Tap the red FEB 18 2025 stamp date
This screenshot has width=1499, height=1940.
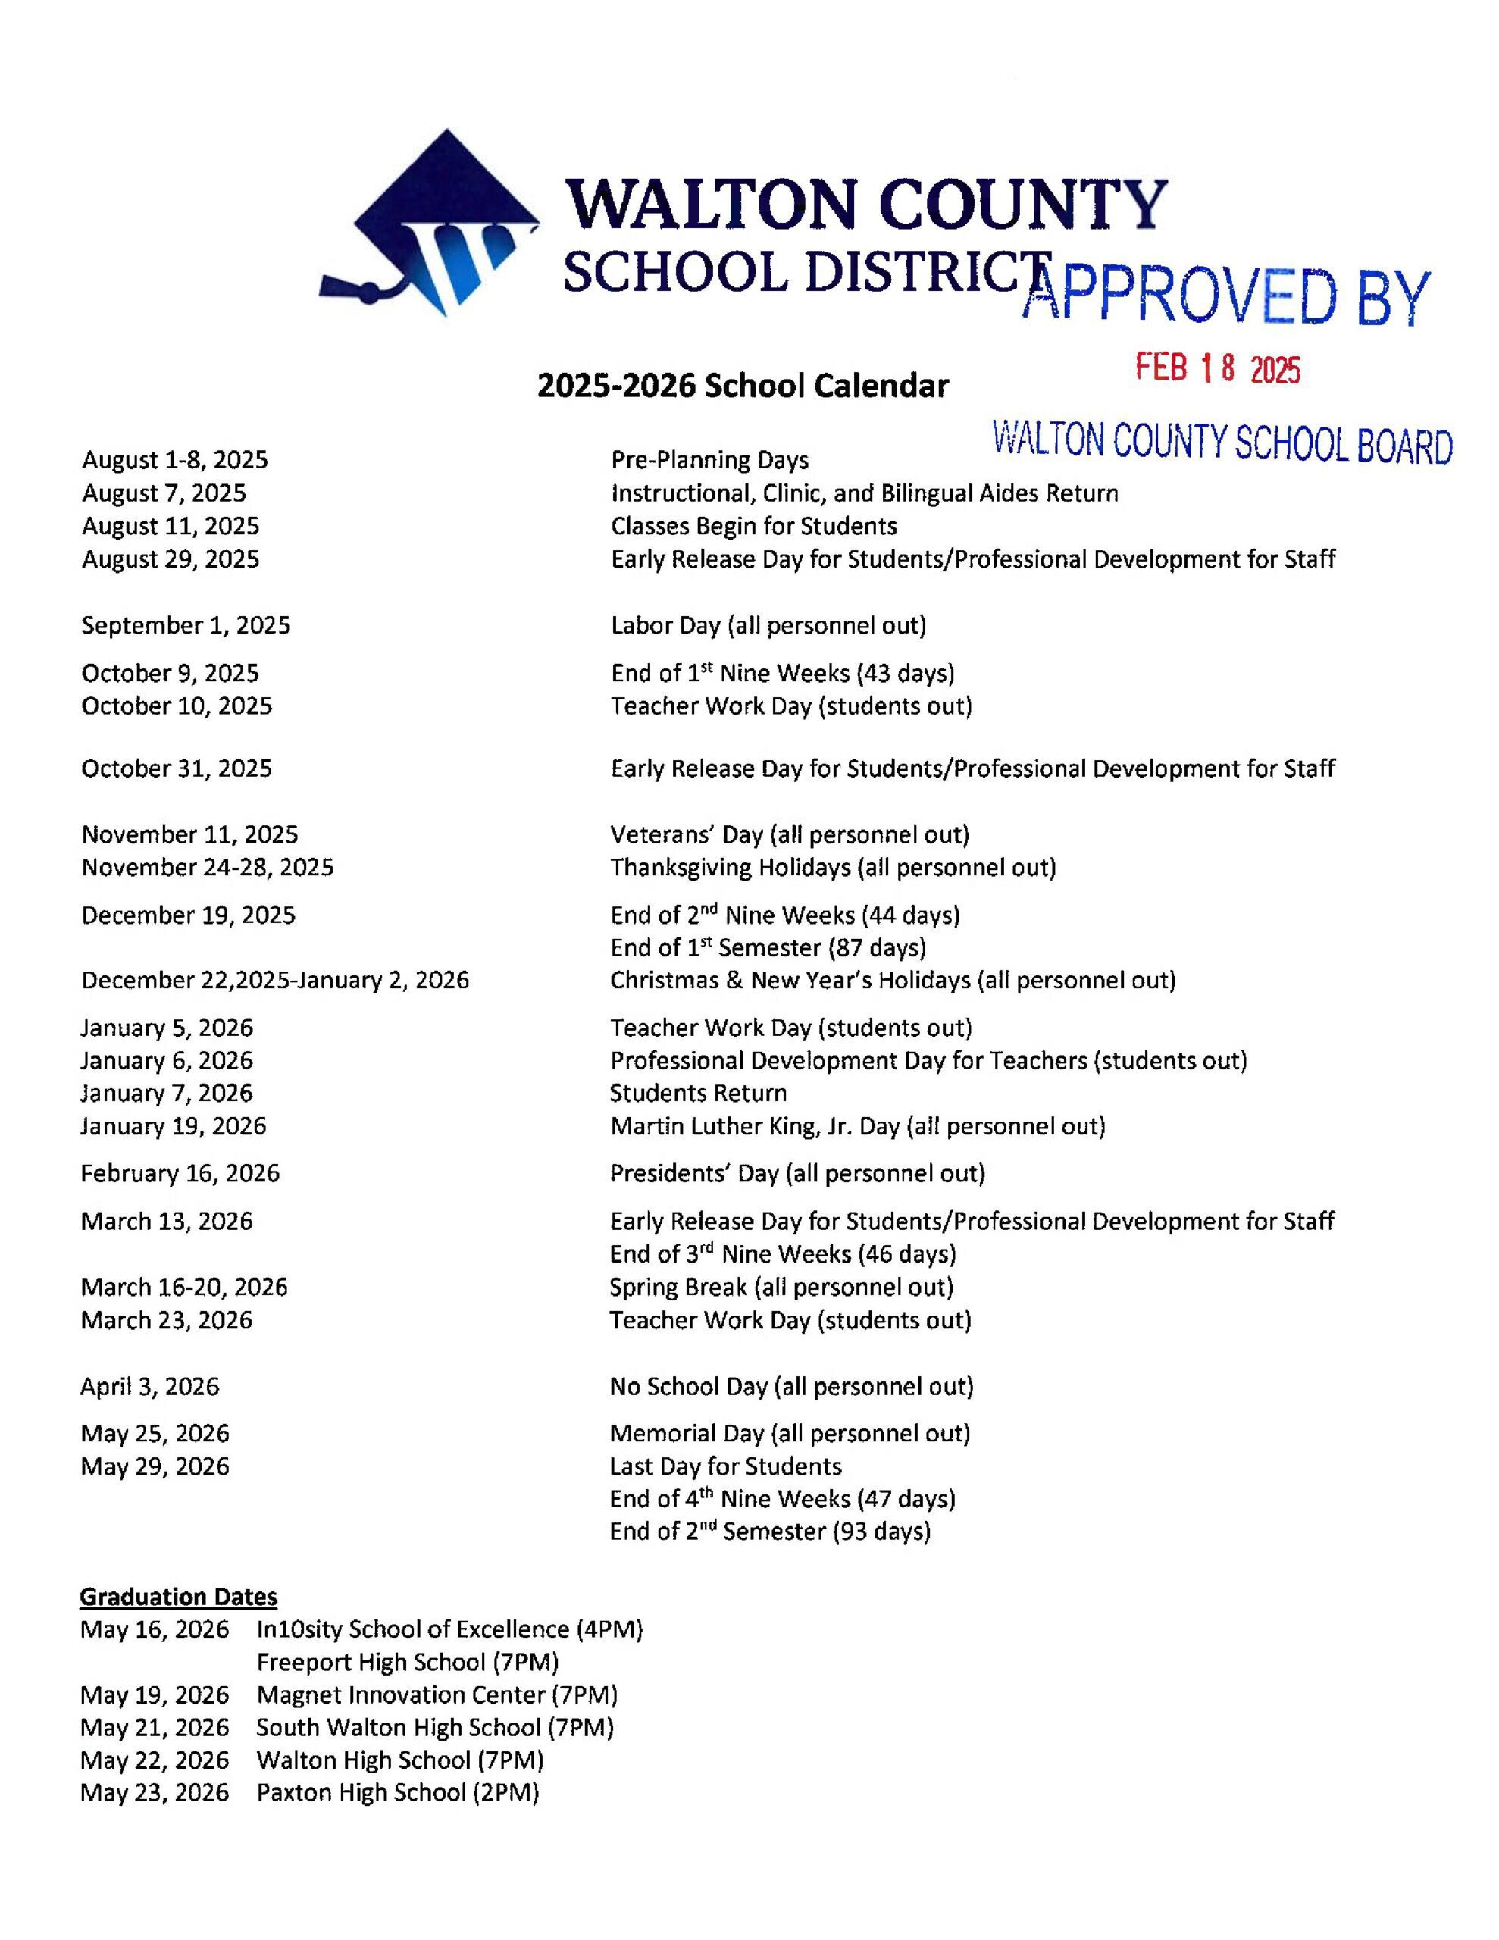click(x=1218, y=368)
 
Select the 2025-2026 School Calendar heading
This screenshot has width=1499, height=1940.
click(x=743, y=386)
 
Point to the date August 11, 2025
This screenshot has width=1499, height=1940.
click(x=171, y=526)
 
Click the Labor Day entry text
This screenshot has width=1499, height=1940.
click(x=768, y=625)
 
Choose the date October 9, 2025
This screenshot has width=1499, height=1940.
click(x=170, y=672)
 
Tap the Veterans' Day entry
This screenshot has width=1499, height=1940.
click(x=789, y=834)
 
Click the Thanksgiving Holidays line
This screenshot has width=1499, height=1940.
click(x=833, y=867)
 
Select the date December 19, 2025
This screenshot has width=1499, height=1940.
click(x=189, y=915)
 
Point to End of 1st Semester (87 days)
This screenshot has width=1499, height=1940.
click(x=768, y=948)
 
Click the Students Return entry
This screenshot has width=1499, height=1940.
click(x=697, y=1093)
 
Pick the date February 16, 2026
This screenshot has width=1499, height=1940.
click(x=180, y=1173)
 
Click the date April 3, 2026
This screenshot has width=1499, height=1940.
click(x=149, y=1386)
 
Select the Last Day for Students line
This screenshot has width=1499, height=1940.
click(x=725, y=1466)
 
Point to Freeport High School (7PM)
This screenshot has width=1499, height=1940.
click(x=407, y=1662)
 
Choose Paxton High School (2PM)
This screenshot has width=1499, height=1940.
click(x=397, y=1792)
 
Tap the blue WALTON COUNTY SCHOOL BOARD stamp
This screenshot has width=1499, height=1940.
click(x=1222, y=443)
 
